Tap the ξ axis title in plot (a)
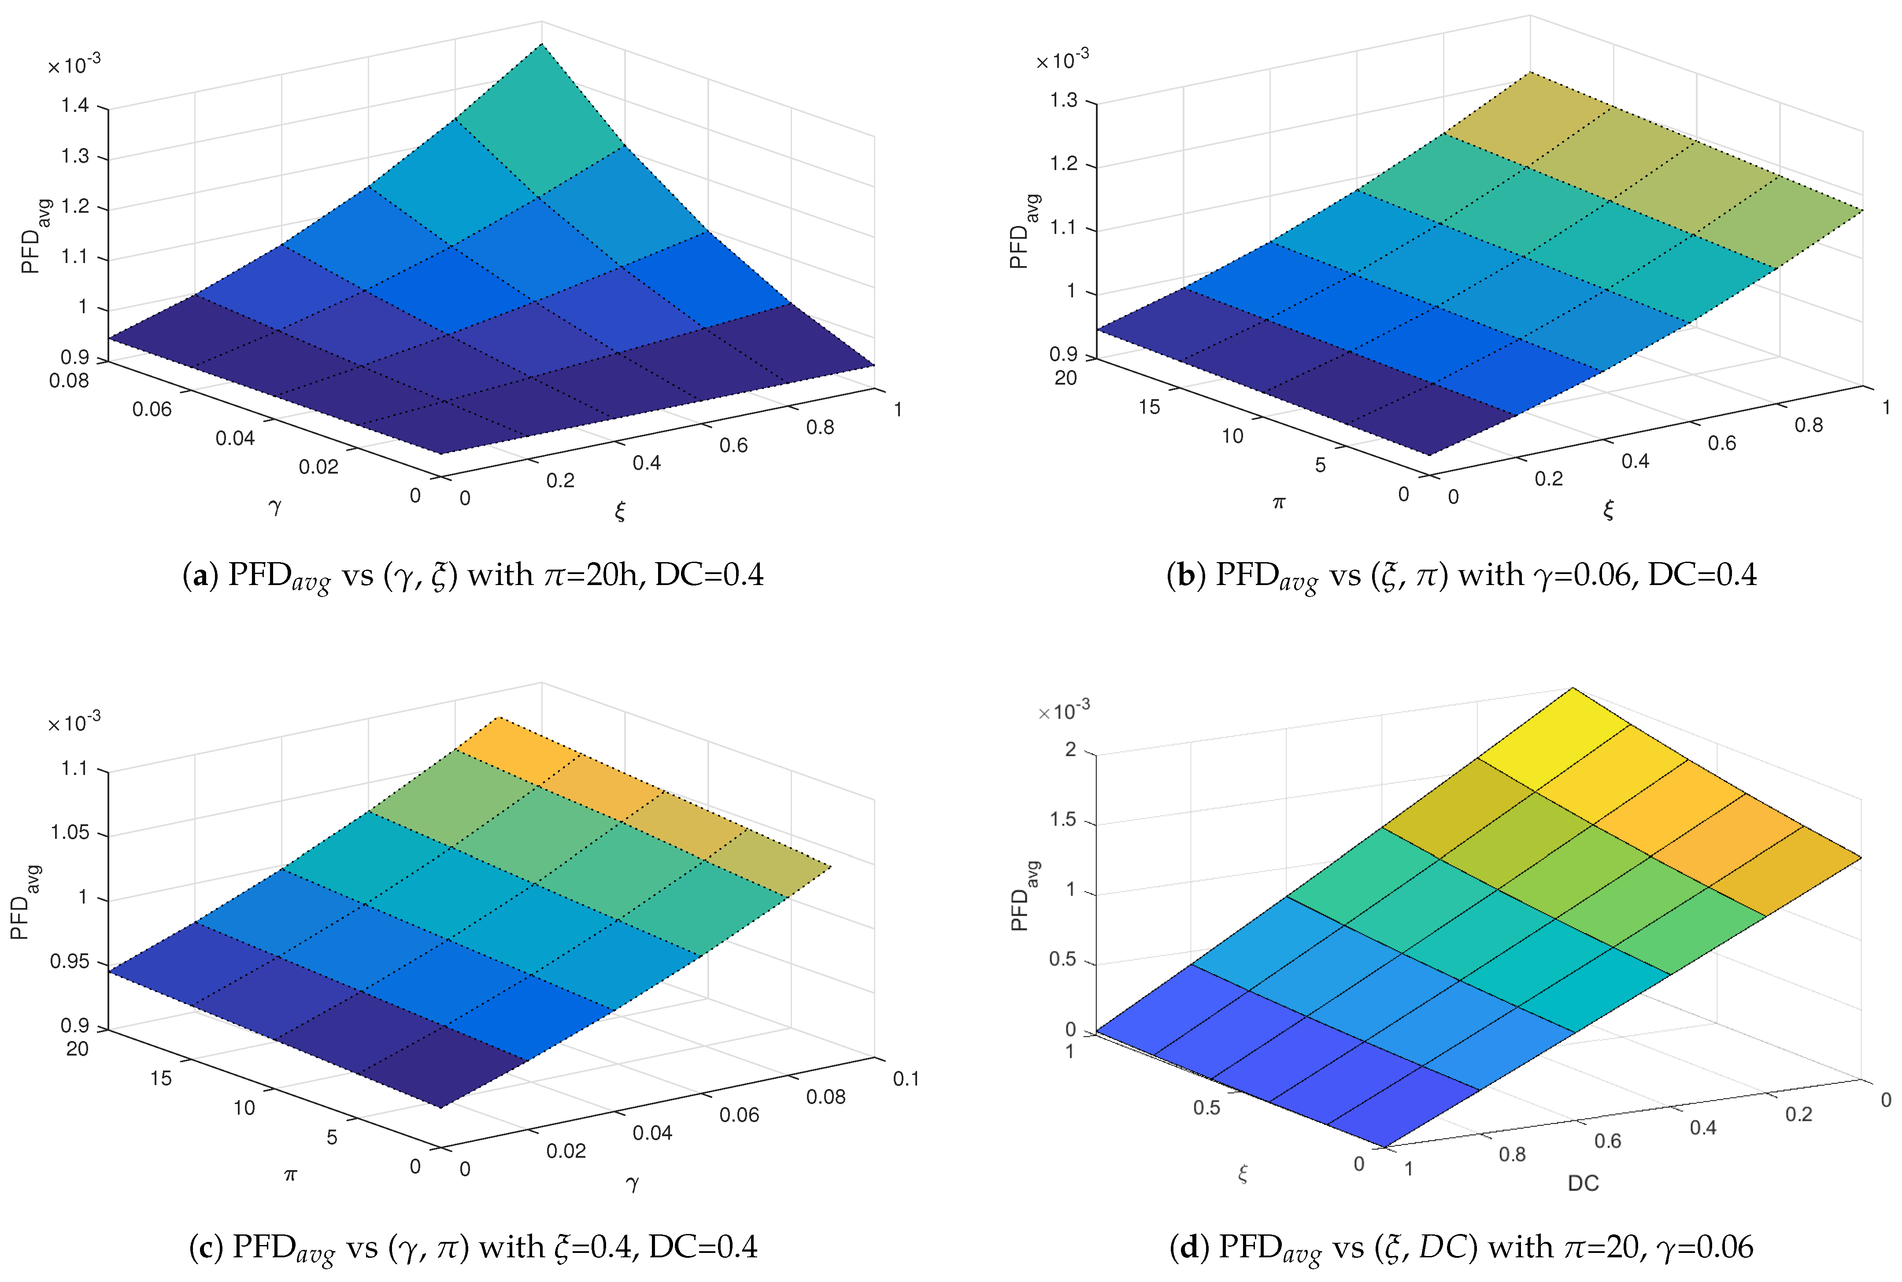point(620,512)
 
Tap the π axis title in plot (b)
point(1279,503)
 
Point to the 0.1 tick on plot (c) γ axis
point(906,1078)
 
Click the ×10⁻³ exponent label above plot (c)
point(74,723)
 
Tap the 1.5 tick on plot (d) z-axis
point(1062,820)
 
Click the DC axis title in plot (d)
point(1582,1183)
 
